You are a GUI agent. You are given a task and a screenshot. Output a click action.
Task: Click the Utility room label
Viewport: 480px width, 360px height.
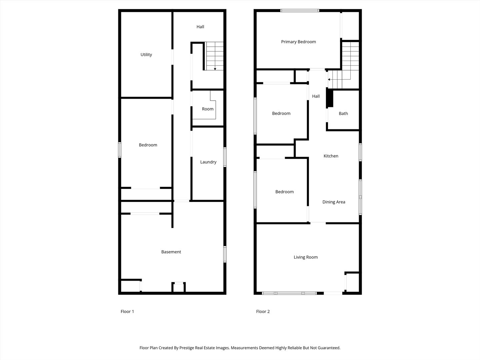tap(146, 55)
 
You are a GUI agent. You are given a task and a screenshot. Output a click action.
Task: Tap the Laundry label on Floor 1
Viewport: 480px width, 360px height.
tap(208, 162)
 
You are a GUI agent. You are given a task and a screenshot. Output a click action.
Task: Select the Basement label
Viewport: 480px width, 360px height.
tap(171, 252)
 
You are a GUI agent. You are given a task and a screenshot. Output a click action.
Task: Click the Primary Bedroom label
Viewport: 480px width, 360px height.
tap(298, 42)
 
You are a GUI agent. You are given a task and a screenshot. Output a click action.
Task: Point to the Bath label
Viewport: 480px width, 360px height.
tap(343, 114)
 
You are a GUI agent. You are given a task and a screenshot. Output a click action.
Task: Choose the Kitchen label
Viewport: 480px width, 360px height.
tap(331, 156)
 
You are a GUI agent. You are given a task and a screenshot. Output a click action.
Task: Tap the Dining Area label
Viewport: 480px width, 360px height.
tap(334, 202)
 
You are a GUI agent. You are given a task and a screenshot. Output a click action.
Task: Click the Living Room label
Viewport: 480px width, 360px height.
tap(305, 257)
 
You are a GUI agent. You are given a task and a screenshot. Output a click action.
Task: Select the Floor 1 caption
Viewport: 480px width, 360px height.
tap(127, 312)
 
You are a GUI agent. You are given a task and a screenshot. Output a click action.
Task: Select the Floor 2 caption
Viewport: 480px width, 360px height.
tap(263, 312)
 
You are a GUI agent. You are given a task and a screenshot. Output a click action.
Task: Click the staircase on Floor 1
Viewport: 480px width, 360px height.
tap(214, 56)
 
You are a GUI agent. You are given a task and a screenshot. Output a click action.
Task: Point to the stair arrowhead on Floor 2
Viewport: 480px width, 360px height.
tap(329, 80)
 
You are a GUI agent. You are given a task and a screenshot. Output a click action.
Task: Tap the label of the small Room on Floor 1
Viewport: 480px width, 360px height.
tap(207, 109)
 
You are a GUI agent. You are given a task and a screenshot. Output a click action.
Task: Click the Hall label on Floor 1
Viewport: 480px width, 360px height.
tap(200, 27)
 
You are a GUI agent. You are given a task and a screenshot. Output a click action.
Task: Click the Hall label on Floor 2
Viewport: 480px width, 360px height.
tap(316, 96)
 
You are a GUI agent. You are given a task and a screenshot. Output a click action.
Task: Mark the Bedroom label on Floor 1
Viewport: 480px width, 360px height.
tap(148, 145)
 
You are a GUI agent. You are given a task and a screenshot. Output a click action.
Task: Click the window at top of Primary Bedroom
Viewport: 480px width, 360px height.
tap(300, 11)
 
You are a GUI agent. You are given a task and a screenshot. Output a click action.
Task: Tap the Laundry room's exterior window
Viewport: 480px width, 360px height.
tap(225, 157)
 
